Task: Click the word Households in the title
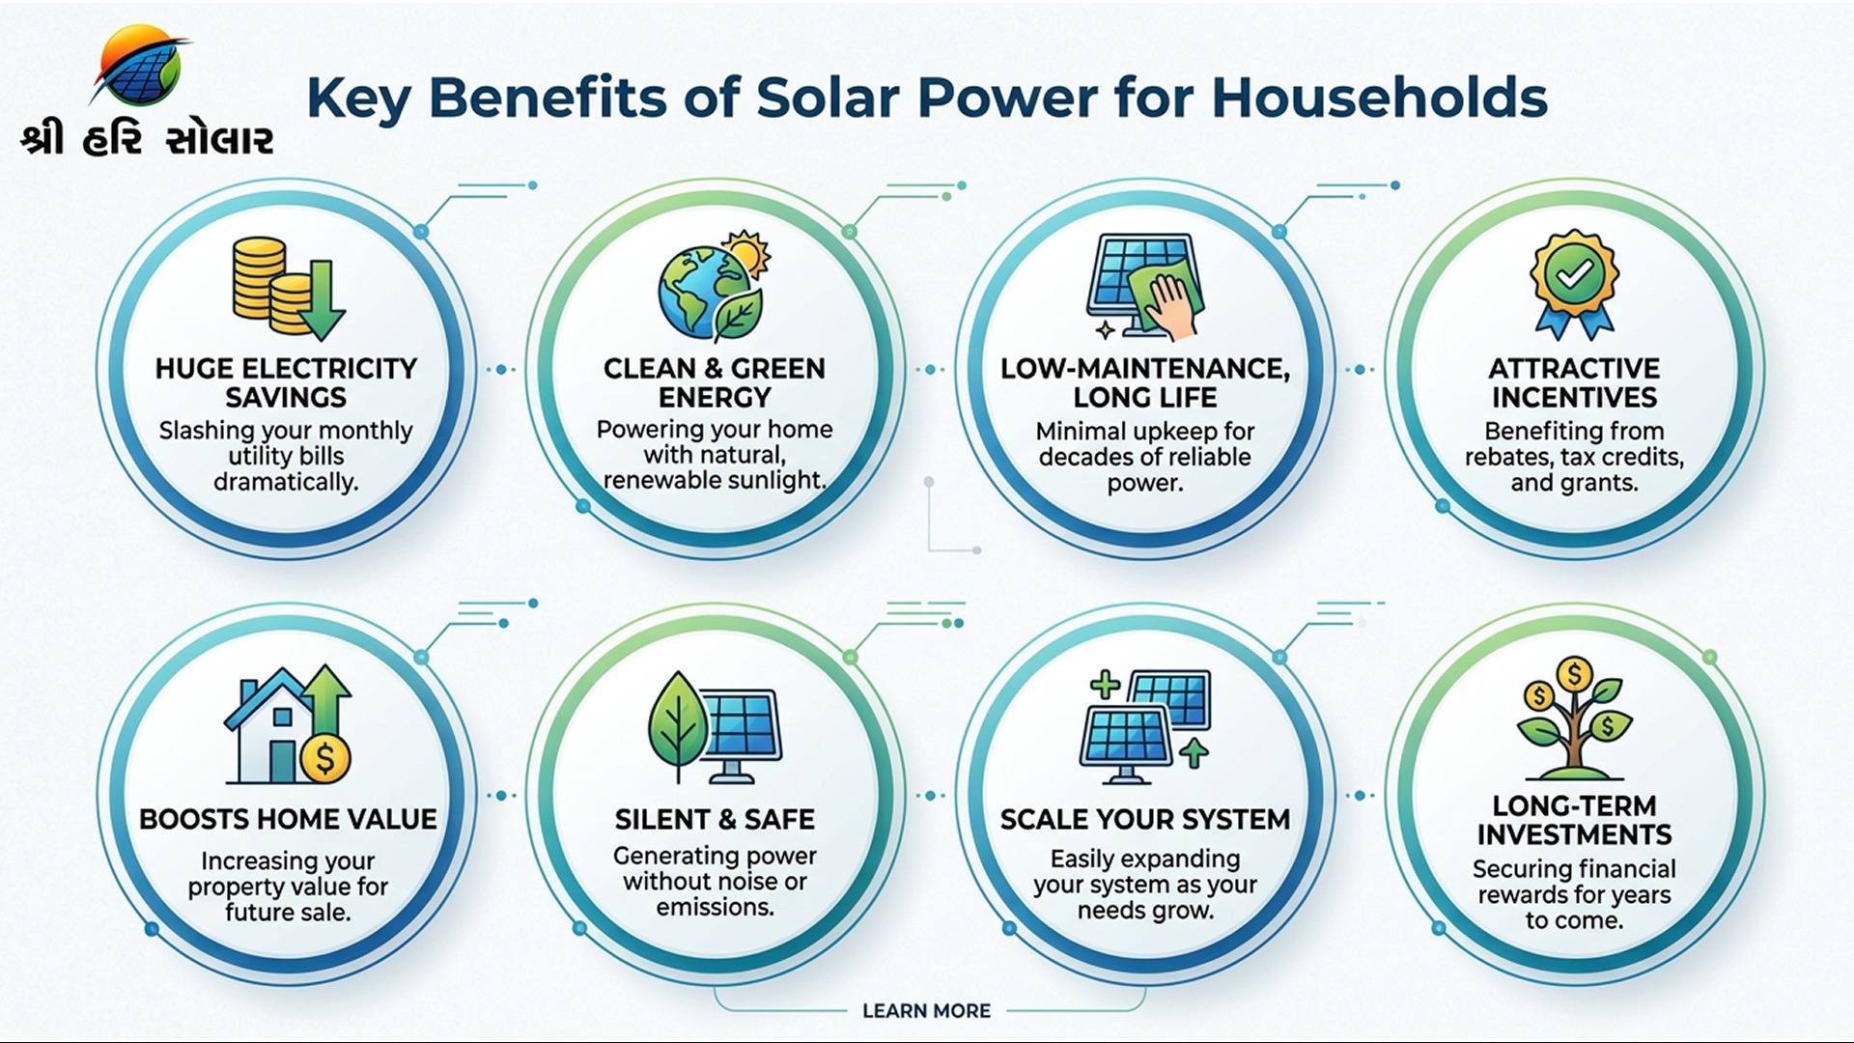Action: tap(1380, 98)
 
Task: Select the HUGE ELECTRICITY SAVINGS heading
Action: tap(286, 382)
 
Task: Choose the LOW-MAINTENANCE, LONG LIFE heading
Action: tap(1145, 382)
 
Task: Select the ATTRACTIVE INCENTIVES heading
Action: tap(1574, 382)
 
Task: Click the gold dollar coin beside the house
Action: tap(325, 758)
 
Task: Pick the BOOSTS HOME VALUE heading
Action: tap(288, 819)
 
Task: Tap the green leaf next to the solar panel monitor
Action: tap(678, 726)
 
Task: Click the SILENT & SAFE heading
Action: tap(715, 819)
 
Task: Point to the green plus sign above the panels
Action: tap(1105, 686)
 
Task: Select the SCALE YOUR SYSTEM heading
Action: tap(1145, 819)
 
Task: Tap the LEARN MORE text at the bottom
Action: tap(927, 1010)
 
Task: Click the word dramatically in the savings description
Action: tap(286, 482)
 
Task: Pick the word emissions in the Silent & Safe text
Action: tap(715, 908)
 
